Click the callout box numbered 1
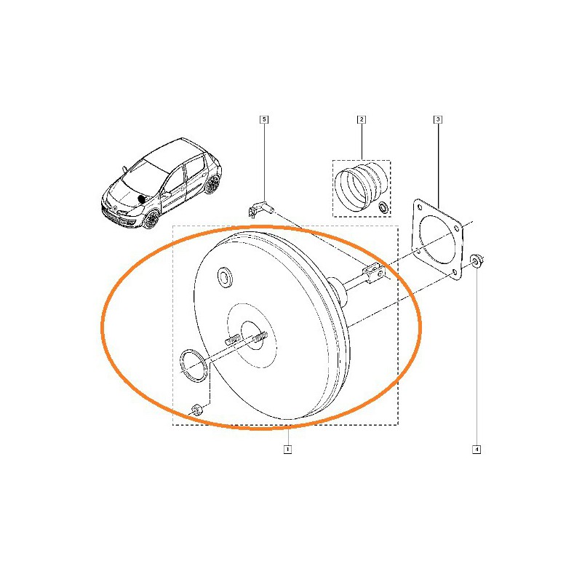(287, 449)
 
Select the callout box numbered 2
(361, 119)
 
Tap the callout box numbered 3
(438, 119)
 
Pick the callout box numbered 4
(477, 450)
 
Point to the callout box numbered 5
(264, 119)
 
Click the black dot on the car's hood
(141, 199)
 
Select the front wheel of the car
(151, 220)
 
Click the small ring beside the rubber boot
(383, 207)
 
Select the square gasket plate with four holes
(438, 238)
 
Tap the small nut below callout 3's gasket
(477, 260)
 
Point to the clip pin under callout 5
(260, 209)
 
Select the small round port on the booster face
(225, 276)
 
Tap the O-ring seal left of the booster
(194, 365)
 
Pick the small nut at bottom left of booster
(196, 410)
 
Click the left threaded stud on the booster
(232, 339)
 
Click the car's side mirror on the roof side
(124, 169)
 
